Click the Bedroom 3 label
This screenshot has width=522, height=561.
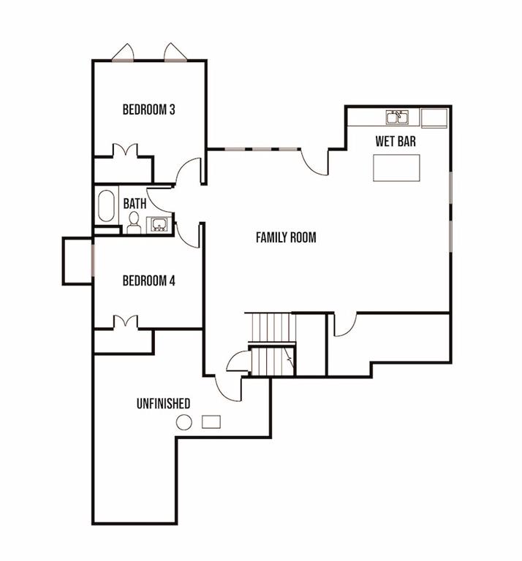tap(148, 110)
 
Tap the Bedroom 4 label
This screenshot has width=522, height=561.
tap(148, 280)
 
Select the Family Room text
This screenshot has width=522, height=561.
tap(286, 237)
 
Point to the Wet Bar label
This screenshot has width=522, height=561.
tap(396, 141)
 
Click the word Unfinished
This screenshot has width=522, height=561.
tap(163, 403)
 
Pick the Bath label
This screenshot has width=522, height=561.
tap(135, 204)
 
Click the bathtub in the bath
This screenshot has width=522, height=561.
tap(106, 206)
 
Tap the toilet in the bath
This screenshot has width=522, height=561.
tap(135, 223)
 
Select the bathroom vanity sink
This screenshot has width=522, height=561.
tap(158, 224)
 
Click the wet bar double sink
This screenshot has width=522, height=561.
tap(397, 118)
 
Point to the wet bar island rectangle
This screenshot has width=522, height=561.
tap(396, 168)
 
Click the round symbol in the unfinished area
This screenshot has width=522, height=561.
tap(184, 422)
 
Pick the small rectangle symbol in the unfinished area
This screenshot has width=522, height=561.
tap(211, 421)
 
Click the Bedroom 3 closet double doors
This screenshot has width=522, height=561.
tap(125, 150)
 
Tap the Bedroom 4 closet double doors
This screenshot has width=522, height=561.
tap(125, 321)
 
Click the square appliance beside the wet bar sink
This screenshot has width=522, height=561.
tap(434, 118)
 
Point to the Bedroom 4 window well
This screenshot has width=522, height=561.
tap(77, 261)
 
